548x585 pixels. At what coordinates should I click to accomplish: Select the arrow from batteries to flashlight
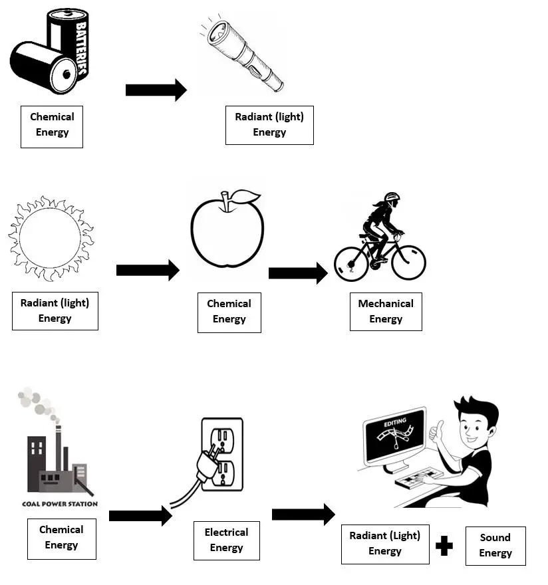pos(156,90)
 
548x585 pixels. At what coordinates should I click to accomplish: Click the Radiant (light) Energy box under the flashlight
pos(269,125)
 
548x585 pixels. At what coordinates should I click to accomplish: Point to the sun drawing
pos(50,237)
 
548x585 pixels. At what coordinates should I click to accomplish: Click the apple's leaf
pos(246,197)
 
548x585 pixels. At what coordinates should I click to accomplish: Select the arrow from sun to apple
pos(147,270)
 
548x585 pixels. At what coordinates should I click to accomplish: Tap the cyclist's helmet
pos(392,197)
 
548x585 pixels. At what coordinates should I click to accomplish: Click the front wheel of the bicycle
pos(408,262)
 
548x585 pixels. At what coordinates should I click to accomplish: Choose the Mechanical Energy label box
pos(386,311)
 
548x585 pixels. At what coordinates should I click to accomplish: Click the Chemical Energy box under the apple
pos(229,312)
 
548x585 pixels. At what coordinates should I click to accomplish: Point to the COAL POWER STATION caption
pos(61,503)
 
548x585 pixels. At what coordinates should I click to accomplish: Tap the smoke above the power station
pos(37,402)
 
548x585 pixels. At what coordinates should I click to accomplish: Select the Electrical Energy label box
pos(226,540)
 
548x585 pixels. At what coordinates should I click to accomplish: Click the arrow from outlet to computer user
pos(303,514)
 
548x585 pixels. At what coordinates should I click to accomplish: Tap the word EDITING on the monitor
pos(394,423)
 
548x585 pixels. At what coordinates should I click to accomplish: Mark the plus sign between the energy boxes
pos(444,546)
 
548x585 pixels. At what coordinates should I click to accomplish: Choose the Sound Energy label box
pos(495,546)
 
